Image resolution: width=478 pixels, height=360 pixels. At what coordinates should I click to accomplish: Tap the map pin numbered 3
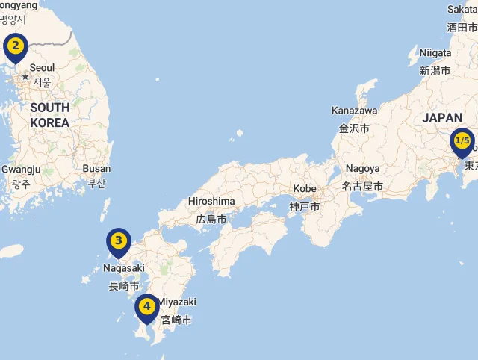(x=118, y=241)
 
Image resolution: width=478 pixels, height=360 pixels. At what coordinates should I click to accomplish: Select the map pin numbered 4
(x=147, y=306)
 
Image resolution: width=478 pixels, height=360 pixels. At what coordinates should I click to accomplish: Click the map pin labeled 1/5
(x=462, y=141)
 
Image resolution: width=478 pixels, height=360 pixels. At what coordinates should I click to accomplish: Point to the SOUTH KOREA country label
(x=50, y=114)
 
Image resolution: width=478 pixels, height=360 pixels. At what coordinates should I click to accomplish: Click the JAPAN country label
(x=442, y=118)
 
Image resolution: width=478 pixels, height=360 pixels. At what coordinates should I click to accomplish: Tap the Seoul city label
(x=42, y=68)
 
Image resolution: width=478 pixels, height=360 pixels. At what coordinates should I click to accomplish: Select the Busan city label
(x=96, y=169)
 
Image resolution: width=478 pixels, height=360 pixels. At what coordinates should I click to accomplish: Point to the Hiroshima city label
(x=211, y=202)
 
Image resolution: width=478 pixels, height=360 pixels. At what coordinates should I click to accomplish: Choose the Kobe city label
(x=305, y=188)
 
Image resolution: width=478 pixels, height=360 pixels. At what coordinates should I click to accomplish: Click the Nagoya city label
(x=362, y=169)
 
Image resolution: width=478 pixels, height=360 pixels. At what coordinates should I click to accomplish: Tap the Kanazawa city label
(x=354, y=111)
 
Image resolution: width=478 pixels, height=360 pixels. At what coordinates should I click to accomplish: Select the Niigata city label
(x=435, y=53)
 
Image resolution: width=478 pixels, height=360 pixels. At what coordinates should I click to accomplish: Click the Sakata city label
(x=462, y=9)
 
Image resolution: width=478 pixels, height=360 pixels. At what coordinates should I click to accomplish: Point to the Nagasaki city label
(x=124, y=268)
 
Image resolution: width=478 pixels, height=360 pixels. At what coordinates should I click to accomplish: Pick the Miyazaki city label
(x=177, y=302)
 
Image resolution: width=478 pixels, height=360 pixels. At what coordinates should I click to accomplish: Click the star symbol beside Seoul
(x=25, y=76)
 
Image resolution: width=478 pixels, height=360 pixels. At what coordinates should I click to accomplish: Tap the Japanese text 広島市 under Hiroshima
(x=211, y=219)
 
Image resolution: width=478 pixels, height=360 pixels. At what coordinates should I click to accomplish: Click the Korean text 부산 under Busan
(x=97, y=183)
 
